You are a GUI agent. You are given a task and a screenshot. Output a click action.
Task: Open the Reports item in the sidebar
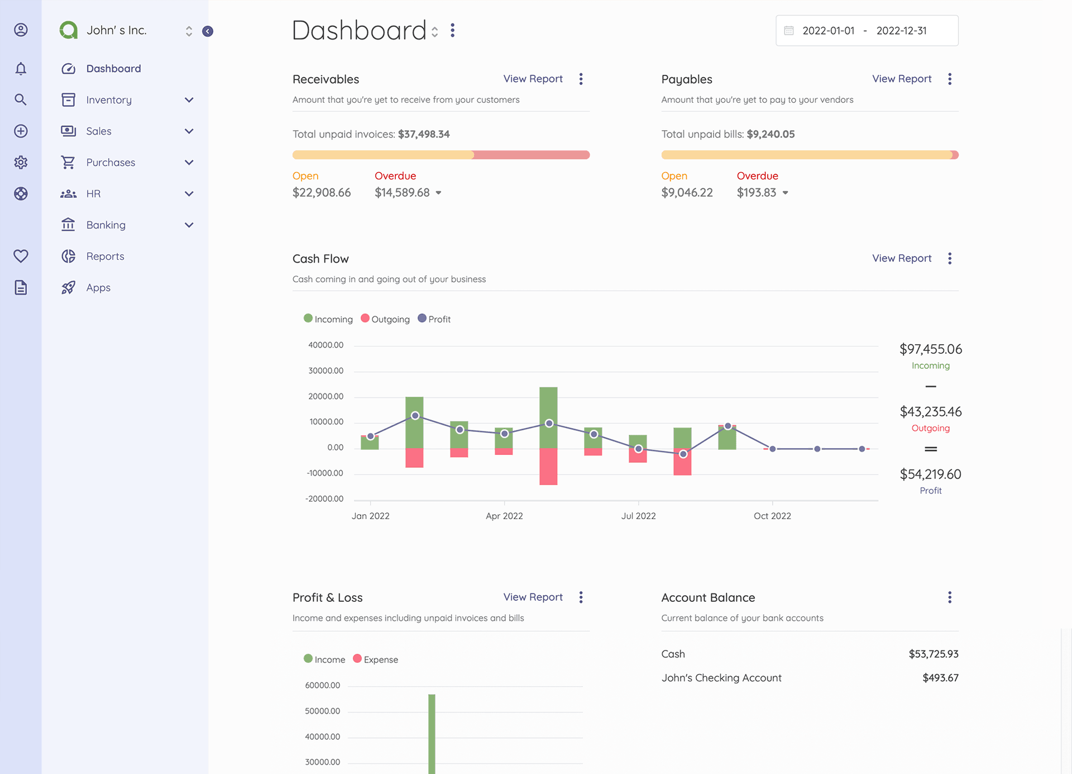tap(105, 257)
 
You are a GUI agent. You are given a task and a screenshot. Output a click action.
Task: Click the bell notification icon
tap(21, 69)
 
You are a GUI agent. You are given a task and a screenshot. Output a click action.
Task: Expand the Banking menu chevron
tap(189, 225)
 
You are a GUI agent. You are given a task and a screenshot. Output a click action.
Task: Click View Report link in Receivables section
tap(533, 79)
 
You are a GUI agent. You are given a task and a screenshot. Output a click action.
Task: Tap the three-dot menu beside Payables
tap(949, 79)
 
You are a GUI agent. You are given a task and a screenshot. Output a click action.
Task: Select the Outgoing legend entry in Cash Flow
tap(385, 319)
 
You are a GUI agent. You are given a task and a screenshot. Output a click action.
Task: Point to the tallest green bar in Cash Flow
tap(548, 416)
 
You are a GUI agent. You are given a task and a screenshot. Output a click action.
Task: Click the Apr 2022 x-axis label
tap(504, 516)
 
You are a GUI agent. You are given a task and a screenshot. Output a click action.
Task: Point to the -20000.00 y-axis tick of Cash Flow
tap(324, 499)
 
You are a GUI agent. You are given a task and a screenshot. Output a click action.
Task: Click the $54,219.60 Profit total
tap(930, 474)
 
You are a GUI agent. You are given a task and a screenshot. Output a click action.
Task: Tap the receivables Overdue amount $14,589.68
tap(402, 193)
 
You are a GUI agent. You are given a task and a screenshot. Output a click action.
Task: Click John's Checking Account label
tap(721, 678)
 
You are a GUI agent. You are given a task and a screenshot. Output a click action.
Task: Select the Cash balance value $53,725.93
tap(933, 654)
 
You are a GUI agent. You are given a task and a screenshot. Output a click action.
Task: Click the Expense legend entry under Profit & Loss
tap(376, 659)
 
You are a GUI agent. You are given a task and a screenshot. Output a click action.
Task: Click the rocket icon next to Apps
tap(68, 288)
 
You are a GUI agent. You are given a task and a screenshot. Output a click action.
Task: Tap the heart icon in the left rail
tap(21, 257)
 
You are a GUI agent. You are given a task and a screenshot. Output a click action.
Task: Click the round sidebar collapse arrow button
tap(208, 31)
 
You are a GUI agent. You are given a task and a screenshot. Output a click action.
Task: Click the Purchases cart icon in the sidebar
tap(68, 163)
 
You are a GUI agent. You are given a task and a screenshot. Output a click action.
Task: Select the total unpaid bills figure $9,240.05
tap(770, 134)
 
